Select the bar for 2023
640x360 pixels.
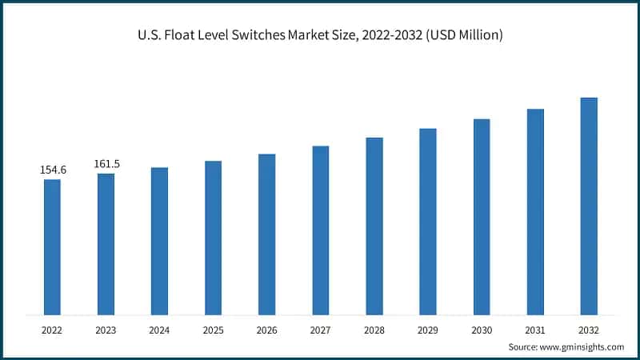(106, 244)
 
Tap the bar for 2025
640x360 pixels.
(213, 238)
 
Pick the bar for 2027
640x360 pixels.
(321, 230)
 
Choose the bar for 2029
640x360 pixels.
(428, 222)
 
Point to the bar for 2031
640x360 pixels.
(535, 212)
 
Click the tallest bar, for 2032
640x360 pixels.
(589, 206)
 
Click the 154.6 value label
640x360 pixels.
(53, 170)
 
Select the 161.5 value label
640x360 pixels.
(106, 164)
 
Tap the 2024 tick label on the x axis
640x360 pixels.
(159, 329)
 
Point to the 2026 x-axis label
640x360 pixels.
(266, 329)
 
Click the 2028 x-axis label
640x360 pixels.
(374, 329)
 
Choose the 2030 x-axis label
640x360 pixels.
(482, 329)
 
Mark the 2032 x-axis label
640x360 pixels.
(589, 329)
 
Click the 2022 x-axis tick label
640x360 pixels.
(52, 329)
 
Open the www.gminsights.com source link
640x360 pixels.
(582, 346)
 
